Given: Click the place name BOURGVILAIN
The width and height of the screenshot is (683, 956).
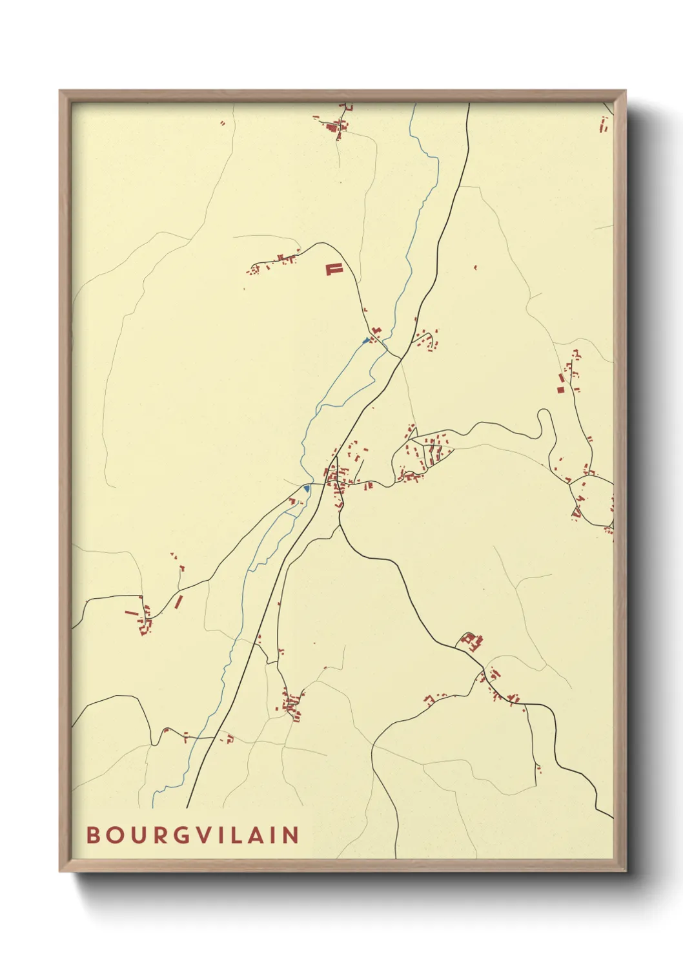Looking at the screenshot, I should tap(193, 835).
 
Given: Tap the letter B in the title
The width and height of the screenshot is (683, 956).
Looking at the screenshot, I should tap(93, 835).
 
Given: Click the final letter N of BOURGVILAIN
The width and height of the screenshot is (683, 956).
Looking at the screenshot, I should tap(292, 835).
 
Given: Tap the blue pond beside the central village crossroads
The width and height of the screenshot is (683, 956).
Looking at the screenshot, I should tap(307, 489).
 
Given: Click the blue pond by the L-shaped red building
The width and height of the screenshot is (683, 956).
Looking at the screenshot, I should tap(366, 340).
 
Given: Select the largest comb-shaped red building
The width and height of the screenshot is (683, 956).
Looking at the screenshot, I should tap(332, 269).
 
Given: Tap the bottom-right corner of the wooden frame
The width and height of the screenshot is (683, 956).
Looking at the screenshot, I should tap(625, 870).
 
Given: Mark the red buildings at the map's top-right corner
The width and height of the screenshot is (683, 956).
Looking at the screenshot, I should tap(605, 125).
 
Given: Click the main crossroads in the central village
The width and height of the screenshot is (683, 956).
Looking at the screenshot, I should tap(336, 483).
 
